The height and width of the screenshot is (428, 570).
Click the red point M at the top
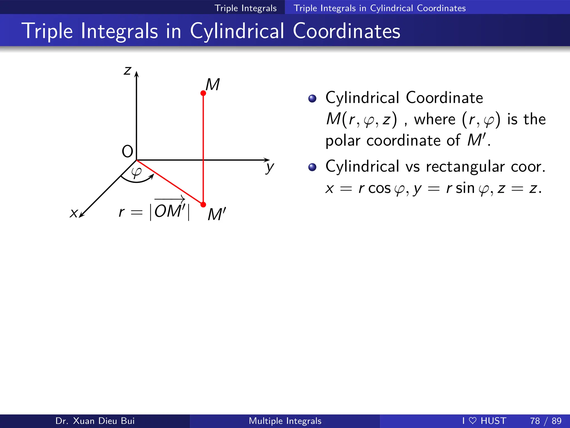(203, 93)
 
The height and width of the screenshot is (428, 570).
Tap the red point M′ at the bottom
(203, 205)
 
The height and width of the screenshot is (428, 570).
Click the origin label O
(127, 152)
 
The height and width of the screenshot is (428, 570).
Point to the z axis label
(127, 70)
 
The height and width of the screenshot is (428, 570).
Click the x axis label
(73, 213)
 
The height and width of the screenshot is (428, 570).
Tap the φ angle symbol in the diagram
(136, 172)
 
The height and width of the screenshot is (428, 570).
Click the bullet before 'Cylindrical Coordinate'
(312, 98)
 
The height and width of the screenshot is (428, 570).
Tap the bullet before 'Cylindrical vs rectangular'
(312, 167)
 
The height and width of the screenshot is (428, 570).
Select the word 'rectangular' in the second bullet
(465, 167)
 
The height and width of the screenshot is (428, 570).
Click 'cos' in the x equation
(380, 189)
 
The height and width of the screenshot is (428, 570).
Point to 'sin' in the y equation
(465, 188)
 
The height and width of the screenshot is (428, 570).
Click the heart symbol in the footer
(473, 420)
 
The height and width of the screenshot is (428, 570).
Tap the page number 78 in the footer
(535, 421)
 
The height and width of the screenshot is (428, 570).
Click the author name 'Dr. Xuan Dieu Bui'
(95, 421)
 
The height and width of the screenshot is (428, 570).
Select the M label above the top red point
(213, 84)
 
